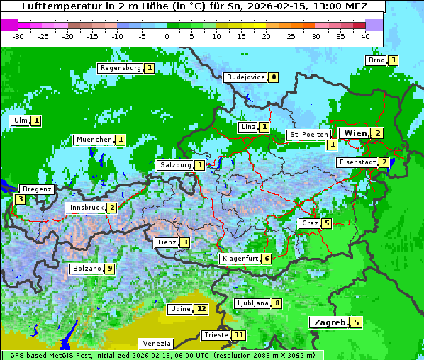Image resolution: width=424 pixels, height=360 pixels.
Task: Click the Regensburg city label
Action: pos(121,68)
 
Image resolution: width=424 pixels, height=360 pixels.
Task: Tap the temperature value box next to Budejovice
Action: pos(274,77)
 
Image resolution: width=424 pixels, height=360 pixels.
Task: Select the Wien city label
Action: pos(355,133)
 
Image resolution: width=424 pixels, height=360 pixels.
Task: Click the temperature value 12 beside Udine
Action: pos(202,309)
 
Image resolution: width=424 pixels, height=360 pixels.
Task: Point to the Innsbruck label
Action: pos(86,208)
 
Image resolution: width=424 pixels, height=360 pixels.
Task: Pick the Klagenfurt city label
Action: pos(239,259)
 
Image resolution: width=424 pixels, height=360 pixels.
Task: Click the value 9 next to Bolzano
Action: pos(109,269)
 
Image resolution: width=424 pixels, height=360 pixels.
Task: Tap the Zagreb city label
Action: pos(329,322)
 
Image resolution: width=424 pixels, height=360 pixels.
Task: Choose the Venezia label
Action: pos(155,343)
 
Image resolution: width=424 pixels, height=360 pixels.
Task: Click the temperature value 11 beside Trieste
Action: pos(240,335)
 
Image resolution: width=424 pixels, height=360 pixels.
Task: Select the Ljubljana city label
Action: pos(252,303)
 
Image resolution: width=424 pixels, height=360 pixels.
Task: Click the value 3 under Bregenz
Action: pos(20,200)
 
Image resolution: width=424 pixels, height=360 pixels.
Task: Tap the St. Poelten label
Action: pos(308,134)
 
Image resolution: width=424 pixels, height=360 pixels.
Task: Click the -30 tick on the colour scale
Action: pos(18,36)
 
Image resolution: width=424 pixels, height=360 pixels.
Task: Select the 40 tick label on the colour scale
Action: pos(365,36)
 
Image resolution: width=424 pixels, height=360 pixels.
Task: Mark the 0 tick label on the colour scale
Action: pos(167,36)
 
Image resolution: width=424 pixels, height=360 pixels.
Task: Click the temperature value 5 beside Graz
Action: pos(325,223)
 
